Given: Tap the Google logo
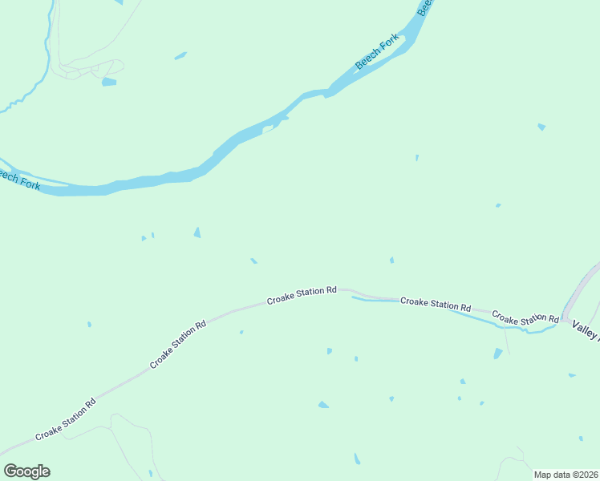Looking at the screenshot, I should point(26,471).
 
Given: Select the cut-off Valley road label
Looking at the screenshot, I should point(585,330).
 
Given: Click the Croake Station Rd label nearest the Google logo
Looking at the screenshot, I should point(66,418).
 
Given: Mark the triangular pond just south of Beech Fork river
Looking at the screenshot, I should point(197,232).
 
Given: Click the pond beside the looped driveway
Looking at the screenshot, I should point(109,82).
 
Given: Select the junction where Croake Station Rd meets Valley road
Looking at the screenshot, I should point(563,319).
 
